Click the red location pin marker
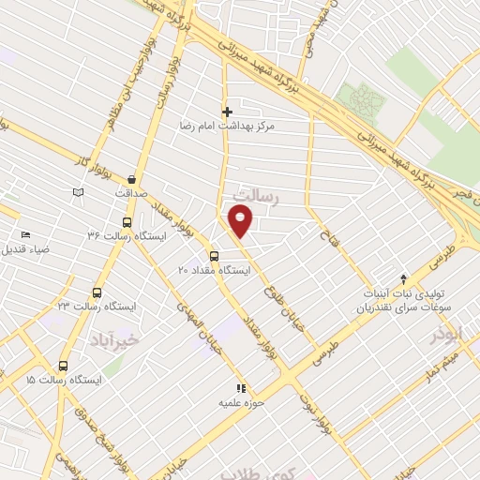pos(241,222)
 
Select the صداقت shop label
pos(132,192)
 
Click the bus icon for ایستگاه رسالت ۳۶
pos(127,222)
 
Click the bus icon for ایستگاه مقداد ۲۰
pos(214,255)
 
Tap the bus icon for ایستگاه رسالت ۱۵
pos(63,367)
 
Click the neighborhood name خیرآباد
pos(117,336)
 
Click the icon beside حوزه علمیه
pos(241,387)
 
